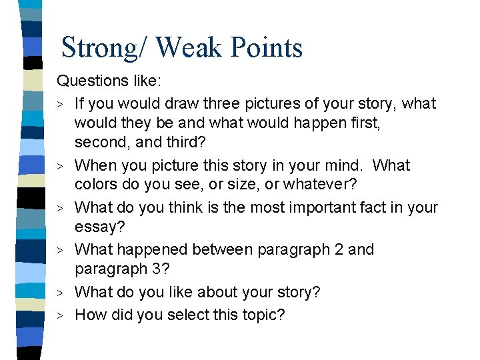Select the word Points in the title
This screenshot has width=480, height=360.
[x=267, y=48]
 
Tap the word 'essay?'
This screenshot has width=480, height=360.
[x=99, y=228]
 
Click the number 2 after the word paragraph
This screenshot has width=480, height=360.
[x=338, y=249]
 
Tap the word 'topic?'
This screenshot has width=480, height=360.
[x=263, y=314]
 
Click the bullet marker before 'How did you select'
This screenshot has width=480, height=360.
[x=61, y=315]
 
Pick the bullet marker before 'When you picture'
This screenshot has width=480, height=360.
[x=61, y=166]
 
